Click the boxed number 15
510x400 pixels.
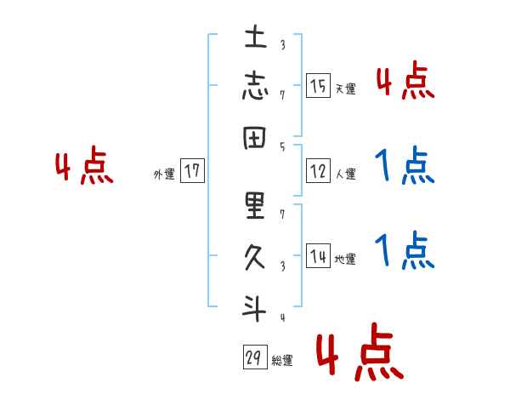[x=318, y=85]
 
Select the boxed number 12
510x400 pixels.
[x=318, y=172]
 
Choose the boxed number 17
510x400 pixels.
[x=192, y=172]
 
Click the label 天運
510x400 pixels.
[x=345, y=89]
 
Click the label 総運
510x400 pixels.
[x=282, y=361]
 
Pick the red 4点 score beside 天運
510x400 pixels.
[x=405, y=81]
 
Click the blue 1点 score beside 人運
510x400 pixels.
[x=405, y=166]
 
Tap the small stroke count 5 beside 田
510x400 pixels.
[x=282, y=146]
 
